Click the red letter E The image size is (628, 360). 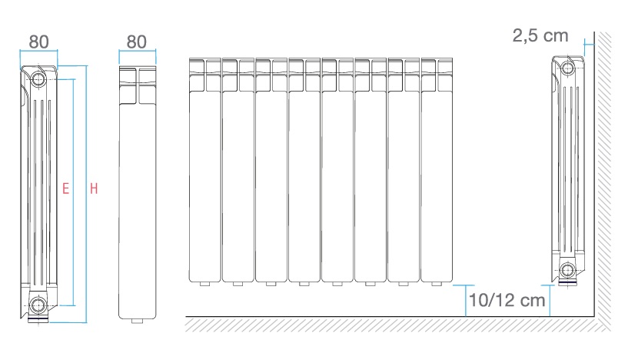(x=65, y=188)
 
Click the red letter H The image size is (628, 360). (x=94, y=188)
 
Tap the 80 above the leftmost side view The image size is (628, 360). (x=39, y=42)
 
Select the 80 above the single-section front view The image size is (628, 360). (x=137, y=42)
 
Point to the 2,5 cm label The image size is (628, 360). (x=540, y=35)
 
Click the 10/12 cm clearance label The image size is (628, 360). (x=507, y=300)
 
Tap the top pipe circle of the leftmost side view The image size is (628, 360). (x=38, y=79)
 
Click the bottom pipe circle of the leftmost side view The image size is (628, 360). (x=38, y=305)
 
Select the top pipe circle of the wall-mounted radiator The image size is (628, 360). (x=567, y=68)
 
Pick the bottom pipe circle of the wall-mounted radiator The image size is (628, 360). (x=567, y=270)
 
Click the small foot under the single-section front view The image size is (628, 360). (x=138, y=321)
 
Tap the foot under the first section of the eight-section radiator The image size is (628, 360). (x=204, y=284)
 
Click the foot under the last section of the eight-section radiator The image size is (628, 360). (x=437, y=284)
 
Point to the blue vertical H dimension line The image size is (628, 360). (x=87, y=194)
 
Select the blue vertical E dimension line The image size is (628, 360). (x=74, y=192)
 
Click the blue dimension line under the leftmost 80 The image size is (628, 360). (x=38, y=51)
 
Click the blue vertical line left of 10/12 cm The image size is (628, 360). (x=465, y=301)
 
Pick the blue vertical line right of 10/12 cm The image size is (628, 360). (x=550, y=301)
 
